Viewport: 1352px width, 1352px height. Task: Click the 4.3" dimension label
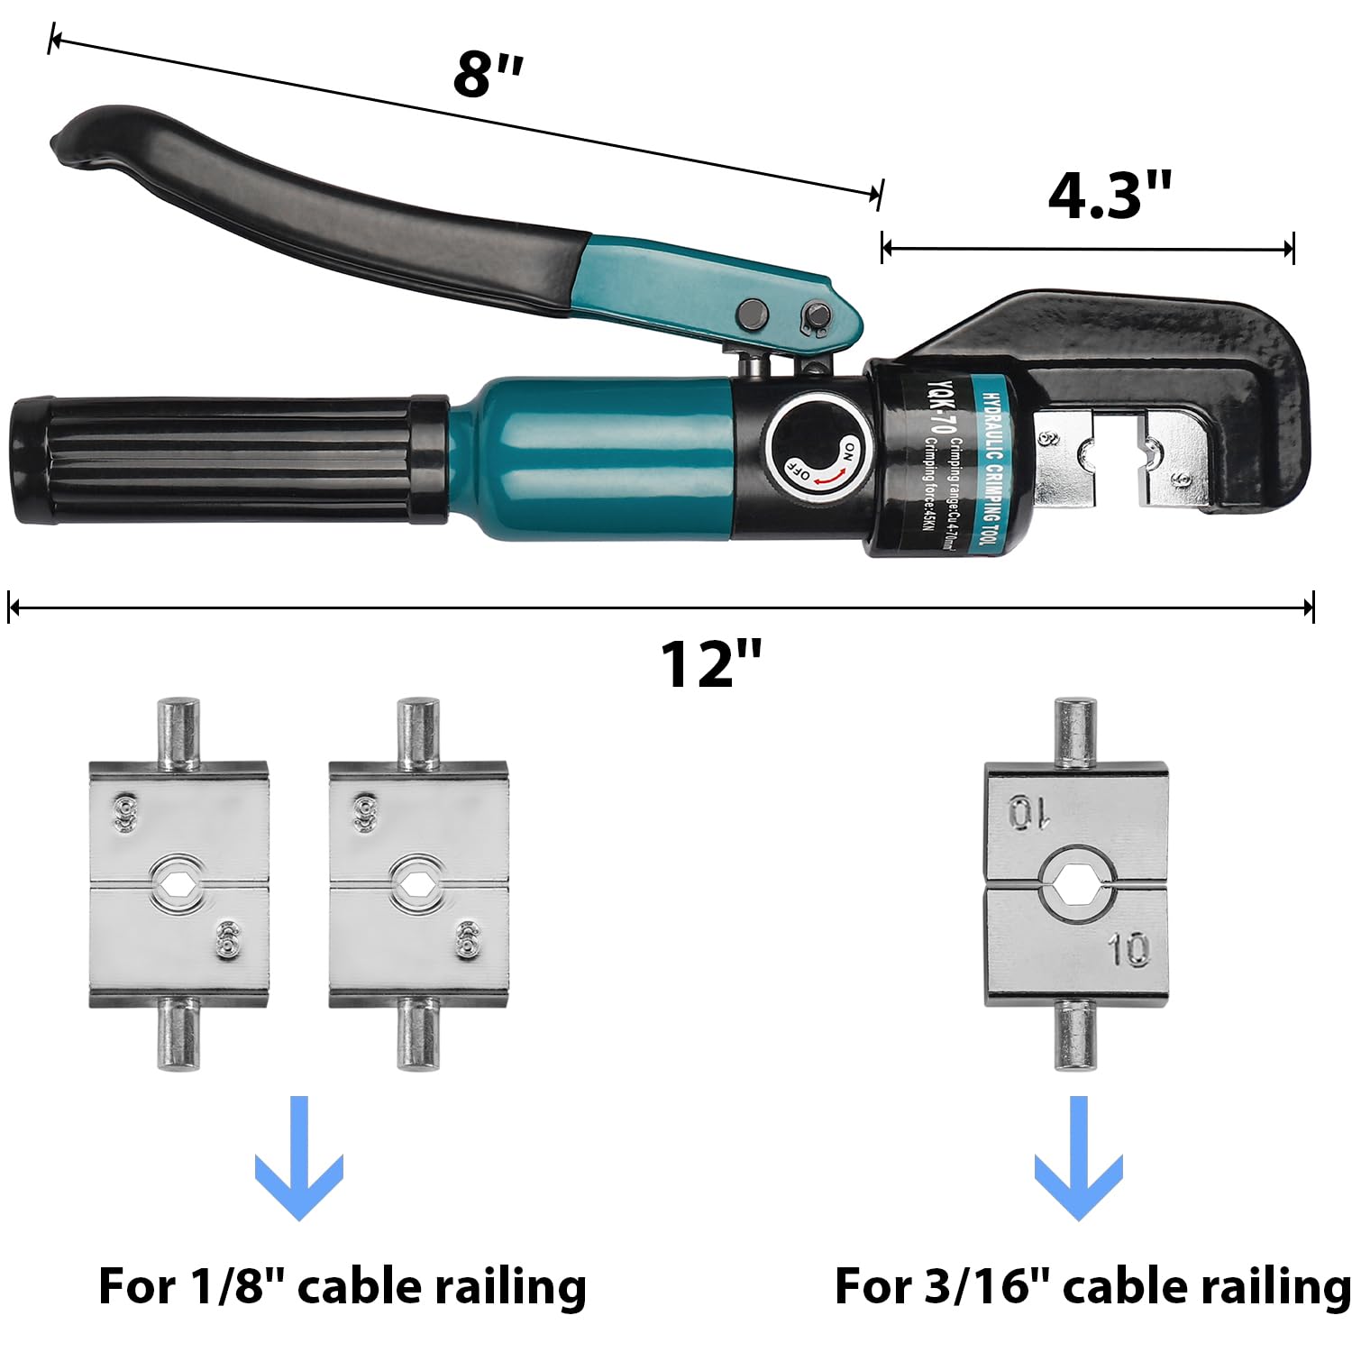click(1109, 196)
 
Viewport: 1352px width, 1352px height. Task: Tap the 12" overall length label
click(711, 664)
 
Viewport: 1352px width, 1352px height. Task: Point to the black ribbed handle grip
click(225, 460)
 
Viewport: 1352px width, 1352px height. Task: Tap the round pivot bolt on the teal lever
click(752, 315)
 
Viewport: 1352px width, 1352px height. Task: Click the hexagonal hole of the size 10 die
click(1074, 887)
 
